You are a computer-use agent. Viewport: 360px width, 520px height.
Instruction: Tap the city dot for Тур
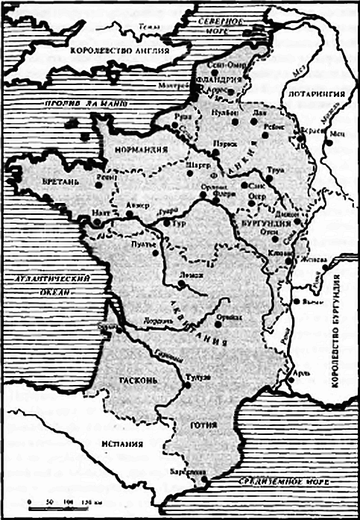tap(166, 222)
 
